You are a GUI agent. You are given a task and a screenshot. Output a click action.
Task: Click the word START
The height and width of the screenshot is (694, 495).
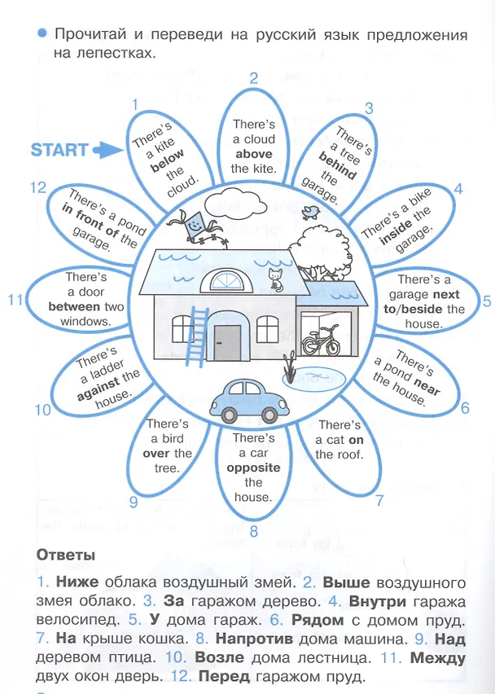(x=59, y=150)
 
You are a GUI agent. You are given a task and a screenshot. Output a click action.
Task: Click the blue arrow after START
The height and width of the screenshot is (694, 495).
(x=108, y=150)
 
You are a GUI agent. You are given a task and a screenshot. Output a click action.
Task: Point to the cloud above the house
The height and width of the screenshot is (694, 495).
(x=235, y=202)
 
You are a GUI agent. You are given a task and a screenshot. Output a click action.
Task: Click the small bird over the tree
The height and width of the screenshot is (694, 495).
(x=311, y=212)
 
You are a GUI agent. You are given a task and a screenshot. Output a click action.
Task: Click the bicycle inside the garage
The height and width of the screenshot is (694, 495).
(x=321, y=340)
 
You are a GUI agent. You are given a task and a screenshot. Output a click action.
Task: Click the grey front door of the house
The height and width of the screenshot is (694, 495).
(x=227, y=343)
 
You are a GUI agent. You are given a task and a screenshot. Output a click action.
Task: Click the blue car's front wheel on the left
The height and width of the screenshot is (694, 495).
(x=229, y=414)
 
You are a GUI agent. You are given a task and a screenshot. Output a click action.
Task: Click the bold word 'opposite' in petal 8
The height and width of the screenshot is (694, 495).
(x=253, y=468)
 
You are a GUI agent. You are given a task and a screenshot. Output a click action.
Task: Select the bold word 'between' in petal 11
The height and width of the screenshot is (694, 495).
(x=74, y=306)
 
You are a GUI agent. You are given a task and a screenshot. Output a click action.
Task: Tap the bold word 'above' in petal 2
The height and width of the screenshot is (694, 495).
(x=254, y=154)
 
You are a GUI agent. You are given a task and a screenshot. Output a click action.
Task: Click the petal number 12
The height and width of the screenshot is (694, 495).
(x=38, y=187)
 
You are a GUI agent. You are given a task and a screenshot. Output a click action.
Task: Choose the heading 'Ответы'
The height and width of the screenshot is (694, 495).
(x=66, y=555)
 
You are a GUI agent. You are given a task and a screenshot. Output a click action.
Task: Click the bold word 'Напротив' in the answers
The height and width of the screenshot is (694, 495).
(x=254, y=639)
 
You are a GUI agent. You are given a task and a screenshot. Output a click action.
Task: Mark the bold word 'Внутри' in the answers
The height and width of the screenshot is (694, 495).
(x=377, y=601)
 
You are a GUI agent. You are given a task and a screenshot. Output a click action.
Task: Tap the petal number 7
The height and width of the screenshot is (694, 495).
(x=379, y=501)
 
